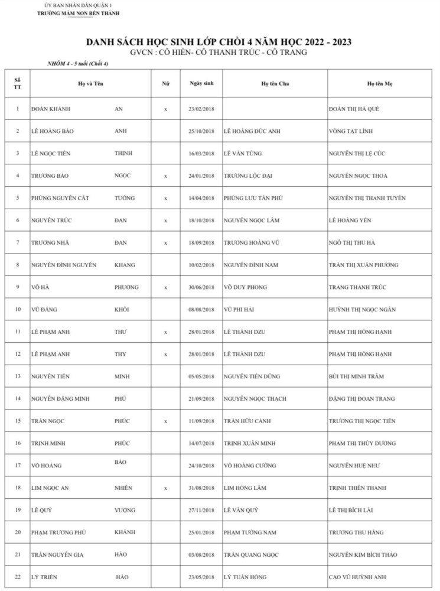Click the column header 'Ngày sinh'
click(x=201, y=83)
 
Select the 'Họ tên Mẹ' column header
click(x=380, y=84)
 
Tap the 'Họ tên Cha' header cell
click(x=275, y=84)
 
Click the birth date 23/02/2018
click(x=201, y=109)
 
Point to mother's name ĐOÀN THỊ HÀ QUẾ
click(x=358, y=109)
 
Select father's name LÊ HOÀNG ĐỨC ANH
click(x=252, y=131)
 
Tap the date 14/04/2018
click(x=201, y=198)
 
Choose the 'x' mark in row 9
click(x=166, y=287)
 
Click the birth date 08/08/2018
click(x=201, y=310)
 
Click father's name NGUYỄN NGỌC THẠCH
click(x=255, y=399)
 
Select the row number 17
click(x=18, y=466)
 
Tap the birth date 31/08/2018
click(x=201, y=488)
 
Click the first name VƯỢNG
click(x=125, y=510)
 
